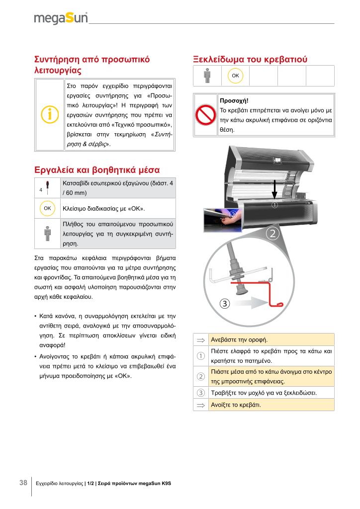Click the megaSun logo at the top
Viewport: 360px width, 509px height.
61,18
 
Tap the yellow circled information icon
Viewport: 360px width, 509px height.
49,114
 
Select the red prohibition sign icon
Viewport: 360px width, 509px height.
205,115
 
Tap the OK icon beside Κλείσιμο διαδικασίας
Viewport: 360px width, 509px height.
48,208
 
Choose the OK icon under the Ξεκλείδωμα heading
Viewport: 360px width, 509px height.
235,76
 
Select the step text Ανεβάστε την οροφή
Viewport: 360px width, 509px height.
240,340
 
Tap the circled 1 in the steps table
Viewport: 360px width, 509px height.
201,356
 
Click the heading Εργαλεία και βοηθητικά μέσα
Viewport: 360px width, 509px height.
96,169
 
